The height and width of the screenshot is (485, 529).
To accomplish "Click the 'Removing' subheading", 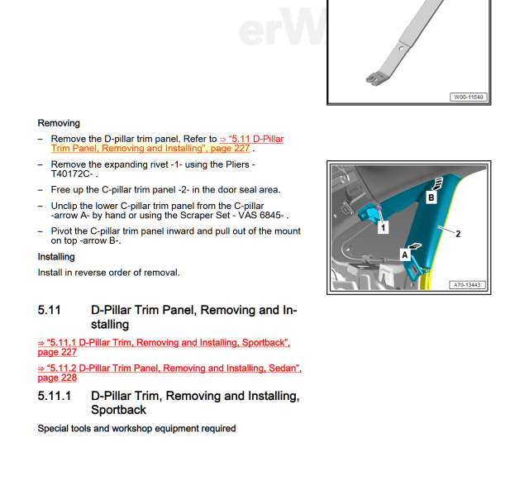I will [x=59, y=123].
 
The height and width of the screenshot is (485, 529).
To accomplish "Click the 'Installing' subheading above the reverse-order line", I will [x=56, y=257].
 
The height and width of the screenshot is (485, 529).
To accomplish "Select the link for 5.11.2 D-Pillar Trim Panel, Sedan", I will [x=169, y=373].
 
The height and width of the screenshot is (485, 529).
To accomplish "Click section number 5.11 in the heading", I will [x=50, y=311].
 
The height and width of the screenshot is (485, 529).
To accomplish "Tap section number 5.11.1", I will [x=55, y=397].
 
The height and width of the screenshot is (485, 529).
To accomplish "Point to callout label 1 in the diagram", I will [x=383, y=227].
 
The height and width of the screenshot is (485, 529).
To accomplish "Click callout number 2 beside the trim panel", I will [x=458, y=234].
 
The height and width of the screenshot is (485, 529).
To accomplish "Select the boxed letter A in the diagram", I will [x=405, y=255].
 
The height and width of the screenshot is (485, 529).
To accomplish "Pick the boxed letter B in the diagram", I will [x=431, y=197].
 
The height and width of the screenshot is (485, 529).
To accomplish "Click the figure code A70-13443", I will [x=466, y=285].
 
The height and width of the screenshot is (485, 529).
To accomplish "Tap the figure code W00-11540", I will [x=468, y=97].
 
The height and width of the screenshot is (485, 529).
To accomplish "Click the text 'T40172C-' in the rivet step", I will [x=73, y=175].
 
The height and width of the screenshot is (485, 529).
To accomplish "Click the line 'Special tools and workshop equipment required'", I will [x=136, y=429].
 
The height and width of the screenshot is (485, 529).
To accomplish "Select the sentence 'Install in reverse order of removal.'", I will [x=108, y=273].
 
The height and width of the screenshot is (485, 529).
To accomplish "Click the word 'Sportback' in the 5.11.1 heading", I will [x=118, y=410].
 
